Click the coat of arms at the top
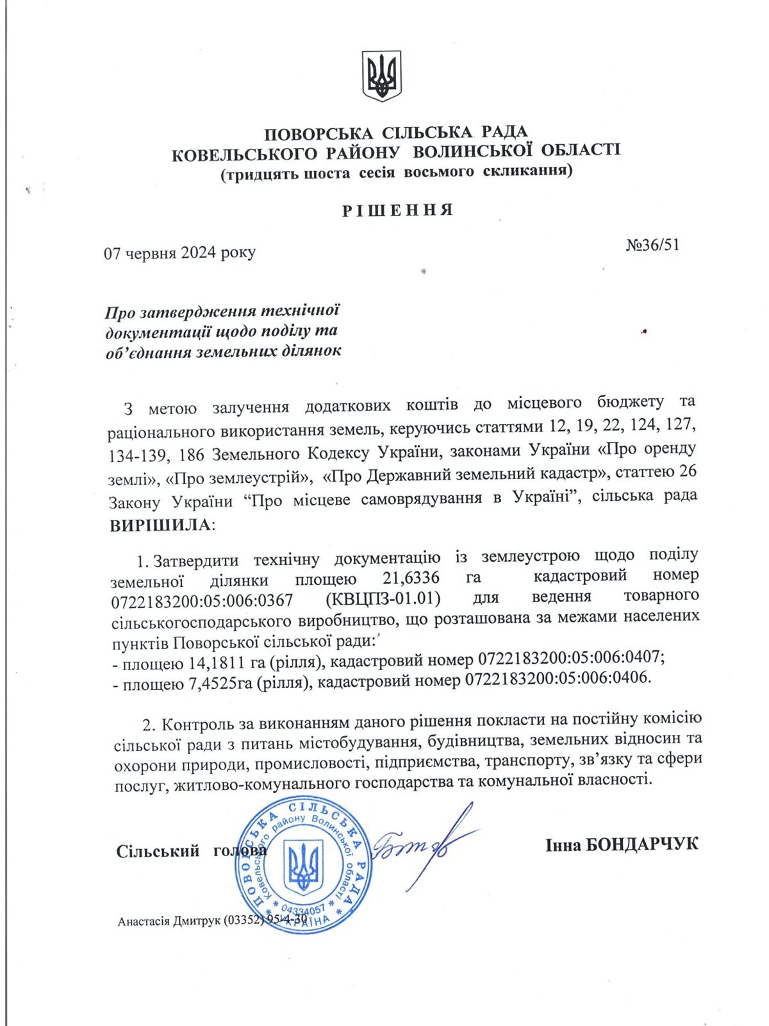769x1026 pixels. tap(383, 76)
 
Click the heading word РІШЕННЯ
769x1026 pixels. tap(397, 210)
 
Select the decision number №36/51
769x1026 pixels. tap(652, 245)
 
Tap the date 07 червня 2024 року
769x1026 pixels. tap(179, 253)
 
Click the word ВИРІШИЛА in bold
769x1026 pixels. tap(161, 525)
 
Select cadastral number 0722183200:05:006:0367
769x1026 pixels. tap(202, 601)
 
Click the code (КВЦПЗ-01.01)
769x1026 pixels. tap(383, 598)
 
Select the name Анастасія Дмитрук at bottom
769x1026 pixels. tap(169, 921)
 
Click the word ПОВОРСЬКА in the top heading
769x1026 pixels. tap(318, 134)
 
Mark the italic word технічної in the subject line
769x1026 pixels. tap(301, 311)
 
